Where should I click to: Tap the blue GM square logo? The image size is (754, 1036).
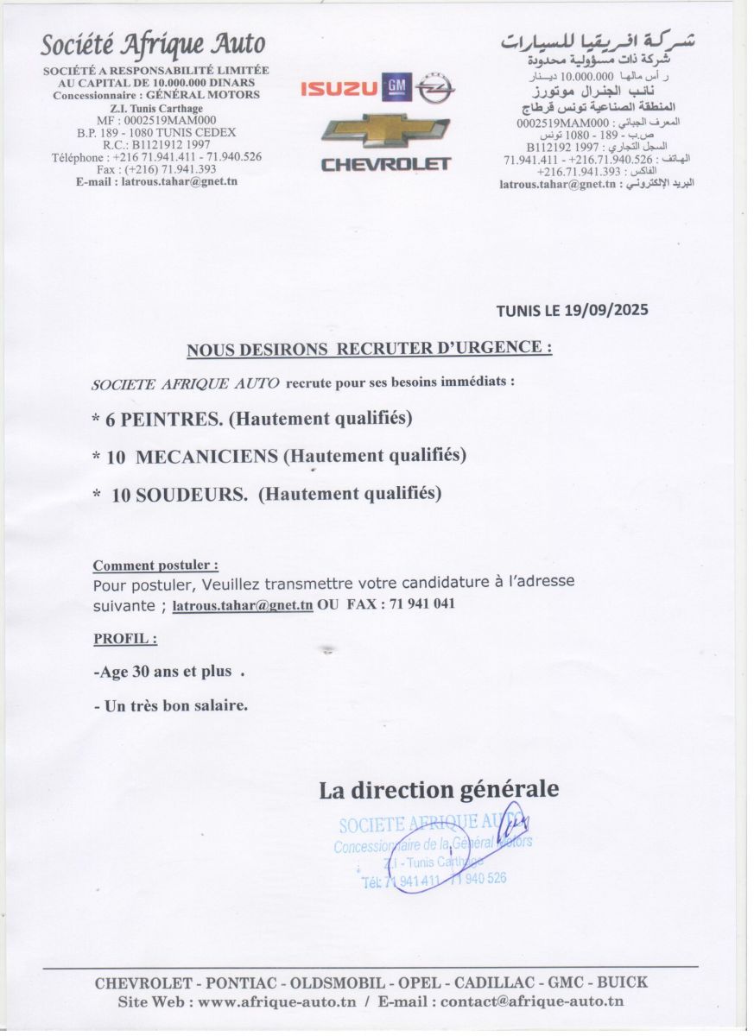[x=396, y=85]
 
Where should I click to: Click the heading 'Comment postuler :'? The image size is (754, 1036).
[x=155, y=565]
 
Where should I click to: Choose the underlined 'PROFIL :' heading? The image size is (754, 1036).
[x=125, y=640]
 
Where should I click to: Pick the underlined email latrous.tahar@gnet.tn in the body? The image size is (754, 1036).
[x=243, y=605]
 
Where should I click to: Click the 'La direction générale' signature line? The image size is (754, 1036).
[x=439, y=789]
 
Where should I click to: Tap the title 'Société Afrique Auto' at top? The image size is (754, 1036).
[x=154, y=43]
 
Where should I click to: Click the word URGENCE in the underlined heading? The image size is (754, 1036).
[x=497, y=349]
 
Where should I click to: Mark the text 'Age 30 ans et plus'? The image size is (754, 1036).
[x=163, y=671]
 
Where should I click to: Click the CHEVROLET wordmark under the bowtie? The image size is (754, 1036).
[x=386, y=164]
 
